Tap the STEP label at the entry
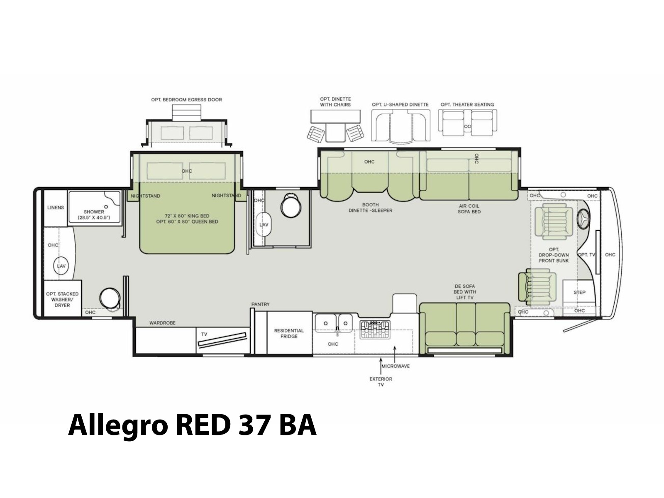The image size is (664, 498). (x=575, y=293)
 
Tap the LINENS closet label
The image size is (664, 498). (x=55, y=207)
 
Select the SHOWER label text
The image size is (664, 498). (x=93, y=212)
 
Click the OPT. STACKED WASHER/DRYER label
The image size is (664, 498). (x=62, y=299)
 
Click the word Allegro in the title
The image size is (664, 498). (x=117, y=425)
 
